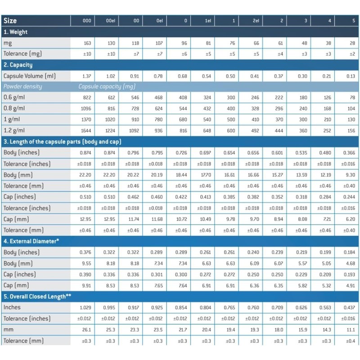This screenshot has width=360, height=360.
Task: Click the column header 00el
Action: coord(111,21)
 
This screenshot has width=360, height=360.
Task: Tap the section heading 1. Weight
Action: coord(16,32)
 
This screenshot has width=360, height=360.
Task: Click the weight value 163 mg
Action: coord(87,43)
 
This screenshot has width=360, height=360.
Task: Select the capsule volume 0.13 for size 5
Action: coord(351,76)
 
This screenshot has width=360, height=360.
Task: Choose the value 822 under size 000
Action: coord(86,98)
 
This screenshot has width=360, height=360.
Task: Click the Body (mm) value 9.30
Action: coord(349,175)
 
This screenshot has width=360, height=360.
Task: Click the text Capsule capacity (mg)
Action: coord(107,86)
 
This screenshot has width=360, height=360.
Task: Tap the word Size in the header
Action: coord(10,21)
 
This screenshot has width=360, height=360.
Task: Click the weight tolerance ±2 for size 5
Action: coord(351,54)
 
